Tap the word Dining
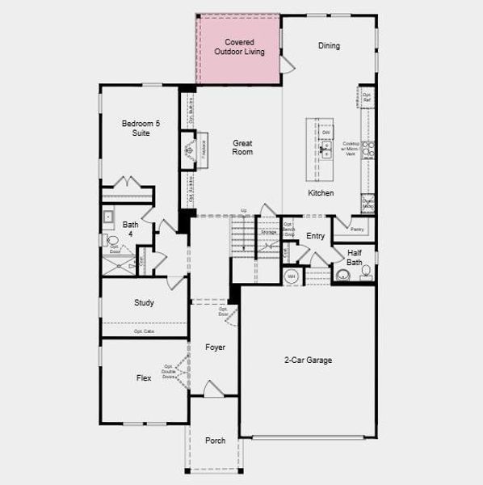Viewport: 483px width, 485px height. (x=329, y=46)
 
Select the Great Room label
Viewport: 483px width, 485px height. (x=243, y=147)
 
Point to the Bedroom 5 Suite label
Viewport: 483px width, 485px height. (x=141, y=128)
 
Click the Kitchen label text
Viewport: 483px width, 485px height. (x=321, y=193)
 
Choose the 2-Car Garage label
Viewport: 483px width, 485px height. (x=308, y=361)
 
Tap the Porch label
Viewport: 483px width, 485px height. (x=215, y=441)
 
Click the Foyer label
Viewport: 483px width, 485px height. (x=215, y=348)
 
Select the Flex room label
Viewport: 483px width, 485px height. (x=144, y=377)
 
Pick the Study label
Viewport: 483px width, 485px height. (x=144, y=303)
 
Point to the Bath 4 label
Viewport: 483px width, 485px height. (x=130, y=230)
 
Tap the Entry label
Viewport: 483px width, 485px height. (x=315, y=236)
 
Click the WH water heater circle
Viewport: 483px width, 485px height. (x=292, y=276)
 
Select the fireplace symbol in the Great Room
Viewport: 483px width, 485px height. (x=190, y=150)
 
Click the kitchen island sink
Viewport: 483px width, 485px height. (x=325, y=149)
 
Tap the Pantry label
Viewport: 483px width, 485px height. (x=357, y=230)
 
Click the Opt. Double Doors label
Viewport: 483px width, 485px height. (x=170, y=372)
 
